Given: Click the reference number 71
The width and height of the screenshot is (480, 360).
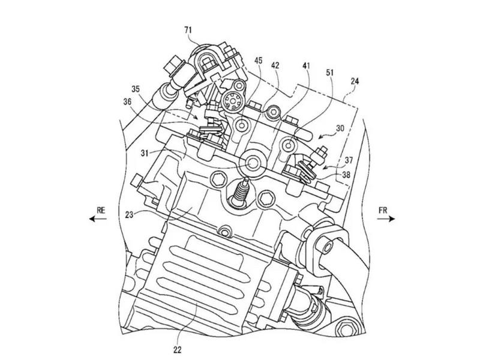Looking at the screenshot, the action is click(x=188, y=30).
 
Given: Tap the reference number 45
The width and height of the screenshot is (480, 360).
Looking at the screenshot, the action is click(x=259, y=61).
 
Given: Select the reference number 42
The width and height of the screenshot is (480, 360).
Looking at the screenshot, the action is click(x=275, y=65).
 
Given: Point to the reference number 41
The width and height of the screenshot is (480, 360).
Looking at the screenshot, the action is click(x=306, y=66).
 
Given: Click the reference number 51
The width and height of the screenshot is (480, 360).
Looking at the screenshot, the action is click(x=330, y=73).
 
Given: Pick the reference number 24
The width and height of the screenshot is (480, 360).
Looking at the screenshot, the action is click(x=355, y=81).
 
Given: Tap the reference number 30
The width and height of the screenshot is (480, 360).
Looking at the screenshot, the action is click(x=340, y=128).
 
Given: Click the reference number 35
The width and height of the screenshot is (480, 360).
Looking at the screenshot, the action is click(x=136, y=89).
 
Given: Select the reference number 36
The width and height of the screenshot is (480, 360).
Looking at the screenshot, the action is click(x=127, y=101).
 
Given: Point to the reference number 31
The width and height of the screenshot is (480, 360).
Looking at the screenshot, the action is click(x=145, y=152).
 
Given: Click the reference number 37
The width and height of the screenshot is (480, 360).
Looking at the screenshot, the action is click(x=349, y=160).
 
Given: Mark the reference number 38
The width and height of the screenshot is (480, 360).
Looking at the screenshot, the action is click(x=346, y=175).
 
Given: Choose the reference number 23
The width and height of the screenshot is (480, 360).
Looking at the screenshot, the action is click(x=129, y=215).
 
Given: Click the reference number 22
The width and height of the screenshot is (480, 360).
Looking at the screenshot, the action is click(x=177, y=349).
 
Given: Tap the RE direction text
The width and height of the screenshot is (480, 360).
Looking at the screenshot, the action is click(x=101, y=211).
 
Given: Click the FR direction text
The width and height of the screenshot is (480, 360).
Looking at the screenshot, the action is click(x=383, y=211).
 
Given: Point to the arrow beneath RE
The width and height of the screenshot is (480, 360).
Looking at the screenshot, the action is click(x=98, y=218).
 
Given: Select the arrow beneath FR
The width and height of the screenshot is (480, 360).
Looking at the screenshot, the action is click(x=386, y=218).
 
